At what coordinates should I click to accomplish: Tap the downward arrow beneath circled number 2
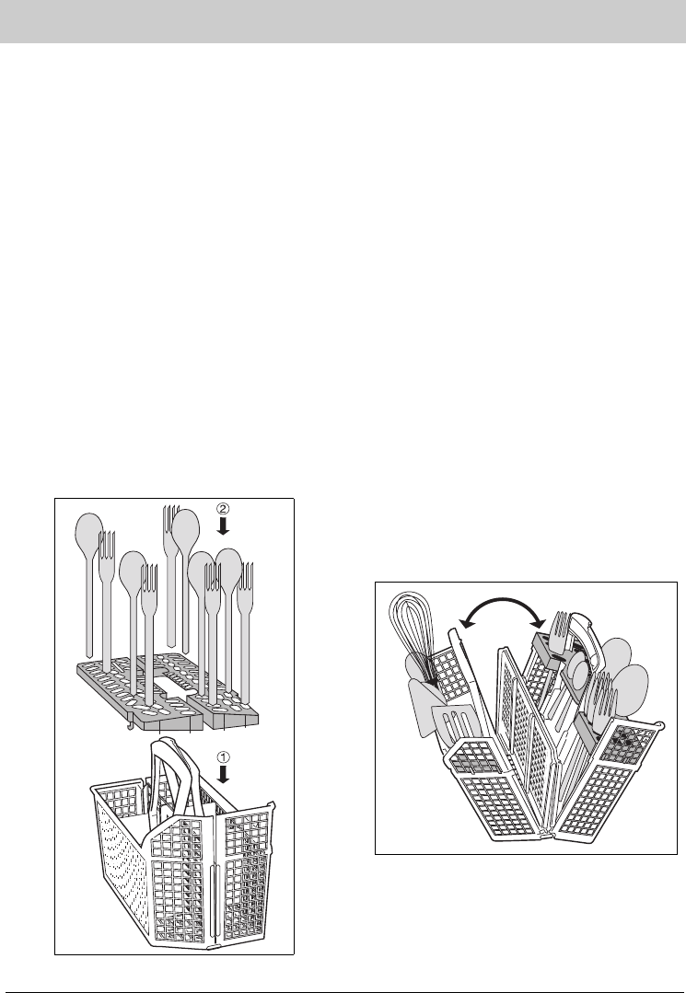point(223,525)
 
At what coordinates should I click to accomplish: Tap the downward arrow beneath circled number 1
point(223,775)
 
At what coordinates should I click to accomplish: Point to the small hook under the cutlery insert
point(131,726)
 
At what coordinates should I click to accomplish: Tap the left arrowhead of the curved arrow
point(463,623)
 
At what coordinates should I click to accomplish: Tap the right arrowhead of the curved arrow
point(541,618)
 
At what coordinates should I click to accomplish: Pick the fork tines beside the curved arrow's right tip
point(561,627)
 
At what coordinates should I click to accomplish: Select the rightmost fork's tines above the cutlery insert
point(245,577)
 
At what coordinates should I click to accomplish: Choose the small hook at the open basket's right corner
point(658,724)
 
